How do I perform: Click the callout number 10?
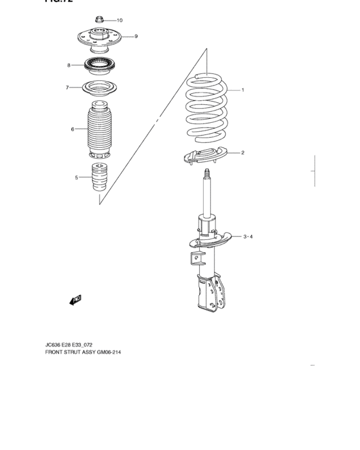point(119,20)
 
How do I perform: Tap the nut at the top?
point(100,19)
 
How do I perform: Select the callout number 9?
point(136,37)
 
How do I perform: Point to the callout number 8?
point(69,66)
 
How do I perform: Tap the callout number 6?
point(73,130)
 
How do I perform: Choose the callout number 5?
point(76,177)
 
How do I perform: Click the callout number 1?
point(242,90)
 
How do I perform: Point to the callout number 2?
point(242,153)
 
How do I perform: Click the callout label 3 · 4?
point(248,237)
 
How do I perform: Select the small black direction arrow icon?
point(75,300)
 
